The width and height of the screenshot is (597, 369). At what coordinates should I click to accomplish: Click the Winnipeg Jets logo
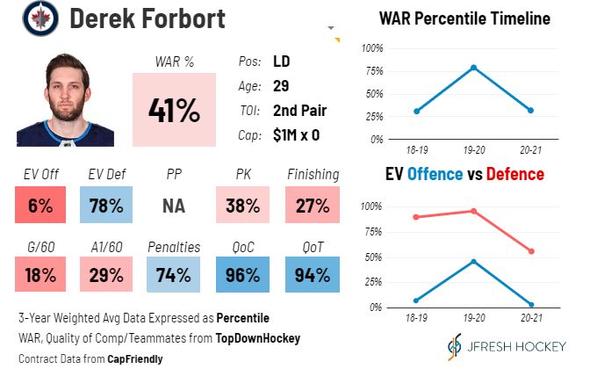point(40,18)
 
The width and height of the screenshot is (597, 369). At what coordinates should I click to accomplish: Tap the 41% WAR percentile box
point(174,110)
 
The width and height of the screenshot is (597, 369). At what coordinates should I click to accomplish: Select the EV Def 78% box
point(110,206)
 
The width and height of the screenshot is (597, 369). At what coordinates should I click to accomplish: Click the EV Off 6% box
point(40,206)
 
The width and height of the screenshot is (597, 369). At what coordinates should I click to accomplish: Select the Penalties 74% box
point(174,274)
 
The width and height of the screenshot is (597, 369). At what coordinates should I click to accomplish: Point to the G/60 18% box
point(40,274)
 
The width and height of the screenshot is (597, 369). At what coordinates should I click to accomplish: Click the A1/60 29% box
point(110,274)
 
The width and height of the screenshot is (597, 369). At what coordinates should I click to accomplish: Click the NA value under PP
point(174,206)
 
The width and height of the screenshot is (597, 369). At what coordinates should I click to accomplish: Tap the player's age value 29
point(283,86)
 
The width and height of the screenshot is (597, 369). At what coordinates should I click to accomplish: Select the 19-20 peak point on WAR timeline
point(473,68)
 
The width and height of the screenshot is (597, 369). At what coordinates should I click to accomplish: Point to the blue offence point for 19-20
point(473,262)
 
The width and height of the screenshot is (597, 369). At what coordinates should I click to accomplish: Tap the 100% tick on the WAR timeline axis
point(372,47)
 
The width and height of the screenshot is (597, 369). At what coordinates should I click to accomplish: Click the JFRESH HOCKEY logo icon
point(452,345)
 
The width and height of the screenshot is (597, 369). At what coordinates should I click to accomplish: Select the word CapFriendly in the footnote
point(135,358)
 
